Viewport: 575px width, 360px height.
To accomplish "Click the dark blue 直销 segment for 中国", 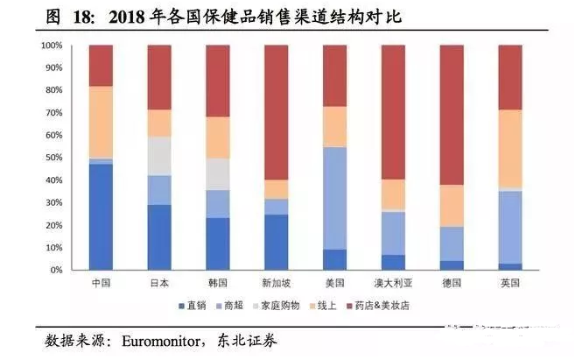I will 101,216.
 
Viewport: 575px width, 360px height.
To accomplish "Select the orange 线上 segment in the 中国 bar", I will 101,122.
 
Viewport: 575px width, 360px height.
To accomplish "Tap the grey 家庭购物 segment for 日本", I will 159,156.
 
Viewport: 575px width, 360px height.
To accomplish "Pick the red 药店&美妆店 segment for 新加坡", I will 276,112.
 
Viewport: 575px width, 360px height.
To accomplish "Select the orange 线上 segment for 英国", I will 509,148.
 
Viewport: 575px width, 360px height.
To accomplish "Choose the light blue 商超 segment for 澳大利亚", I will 393,233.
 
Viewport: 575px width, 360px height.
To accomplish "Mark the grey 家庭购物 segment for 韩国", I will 218,174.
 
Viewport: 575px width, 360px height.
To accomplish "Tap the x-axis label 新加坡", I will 276,284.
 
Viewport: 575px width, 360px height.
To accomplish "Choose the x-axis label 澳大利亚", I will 393,284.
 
